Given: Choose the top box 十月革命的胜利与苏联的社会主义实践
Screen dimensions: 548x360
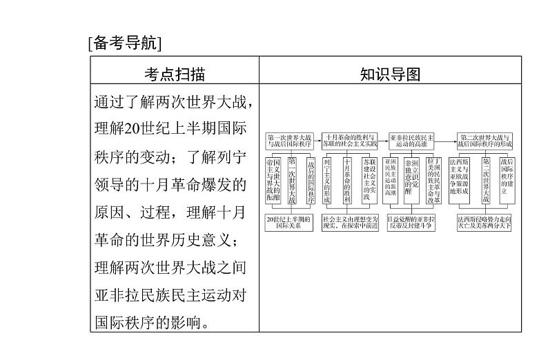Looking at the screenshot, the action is point(351,140).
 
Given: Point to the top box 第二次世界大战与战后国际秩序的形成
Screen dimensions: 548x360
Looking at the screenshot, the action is point(487,140).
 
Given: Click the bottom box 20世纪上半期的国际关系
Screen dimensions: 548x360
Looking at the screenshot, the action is point(289,221).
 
